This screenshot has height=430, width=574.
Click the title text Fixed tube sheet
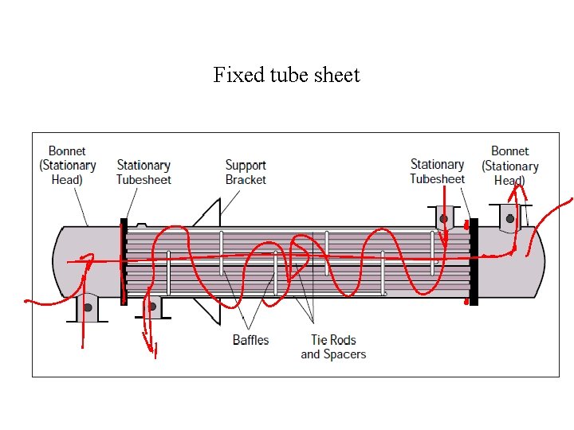286,75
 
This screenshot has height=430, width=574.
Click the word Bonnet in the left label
67,150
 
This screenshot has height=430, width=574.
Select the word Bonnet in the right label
509,150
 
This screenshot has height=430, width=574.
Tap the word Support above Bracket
246,165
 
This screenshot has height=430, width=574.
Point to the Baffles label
250,340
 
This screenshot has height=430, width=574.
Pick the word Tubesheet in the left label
143,179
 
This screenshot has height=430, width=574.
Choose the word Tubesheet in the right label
437,178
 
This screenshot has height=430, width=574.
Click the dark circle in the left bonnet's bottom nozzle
88,307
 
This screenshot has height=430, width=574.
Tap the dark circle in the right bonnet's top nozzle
510,217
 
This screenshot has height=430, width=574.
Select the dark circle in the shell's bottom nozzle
152,306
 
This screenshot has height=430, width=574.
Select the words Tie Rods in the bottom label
332,340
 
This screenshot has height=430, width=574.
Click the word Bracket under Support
246,179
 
